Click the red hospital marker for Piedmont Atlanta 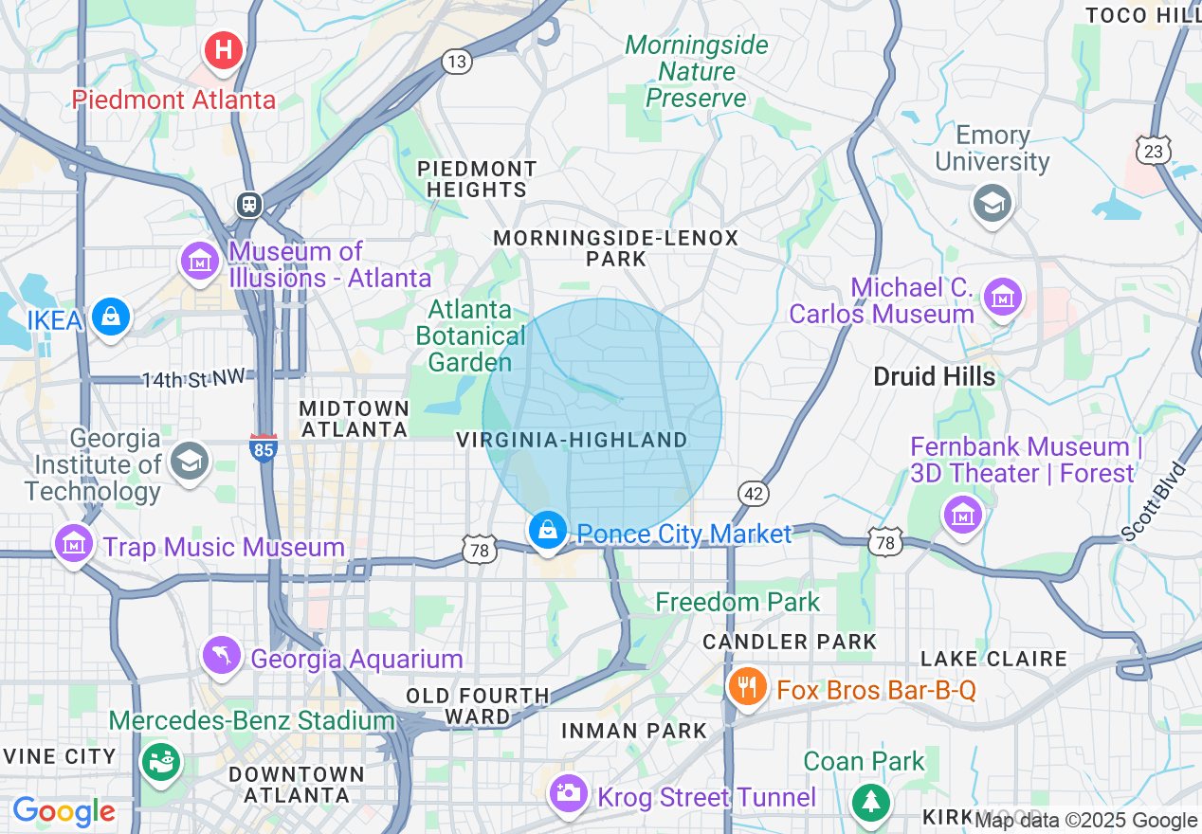coord(224,49)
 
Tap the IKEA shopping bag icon coord(111,317)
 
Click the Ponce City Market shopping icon coord(548,532)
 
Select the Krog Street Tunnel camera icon coord(569,793)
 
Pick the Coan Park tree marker coord(869,802)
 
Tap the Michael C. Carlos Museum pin coord(1002,297)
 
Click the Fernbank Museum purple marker coord(963,515)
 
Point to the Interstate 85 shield coord(264,447)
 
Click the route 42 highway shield coord(754,494)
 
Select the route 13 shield coord(457,63)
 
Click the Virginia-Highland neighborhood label coord(572,440)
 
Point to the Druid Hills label coord(934,376)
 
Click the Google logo coord(64,811)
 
